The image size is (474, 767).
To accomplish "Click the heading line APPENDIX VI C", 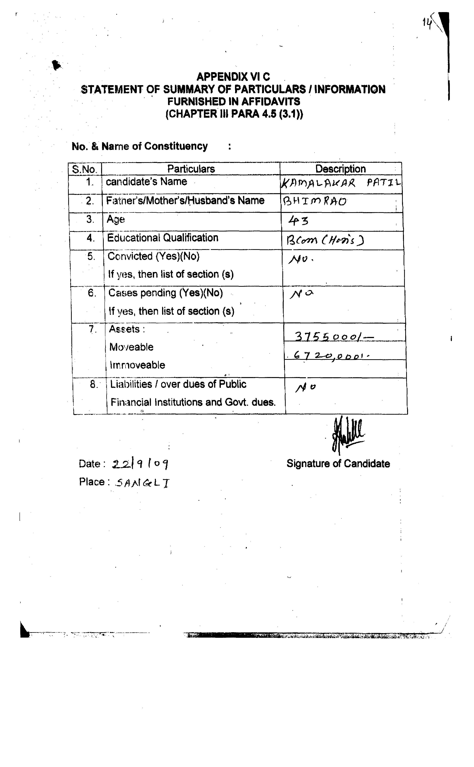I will [x=233, y=76].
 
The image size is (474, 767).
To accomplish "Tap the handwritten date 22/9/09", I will [x=141, y=464].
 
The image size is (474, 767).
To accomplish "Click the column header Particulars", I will [x=191, y=169].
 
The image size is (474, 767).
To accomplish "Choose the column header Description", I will [x=341, y=169].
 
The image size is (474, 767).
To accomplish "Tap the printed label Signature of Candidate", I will [x=338, y=464].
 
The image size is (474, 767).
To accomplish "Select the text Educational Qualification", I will [x=163, y=238].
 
